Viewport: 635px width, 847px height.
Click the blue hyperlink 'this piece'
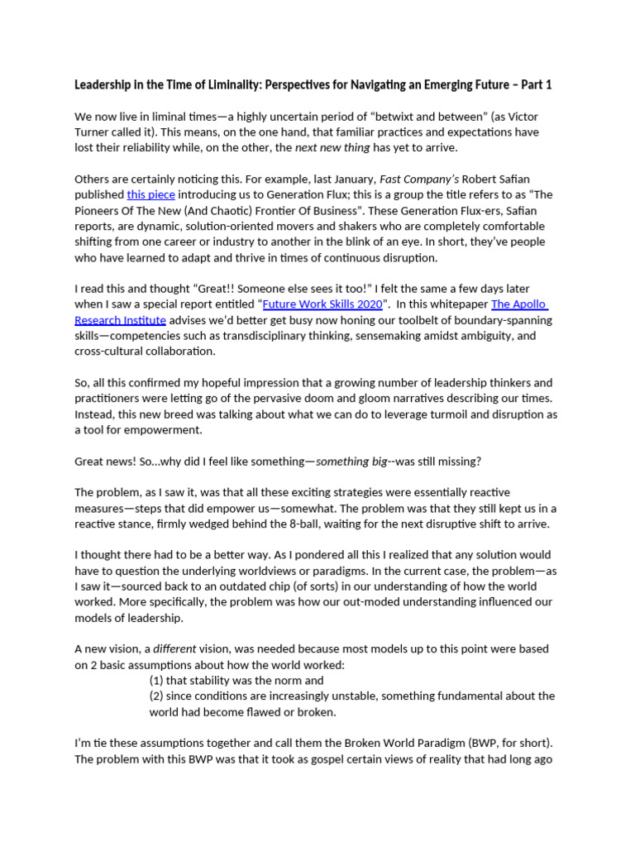coord(151,194)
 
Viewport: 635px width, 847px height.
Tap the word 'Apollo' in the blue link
coord(529,304)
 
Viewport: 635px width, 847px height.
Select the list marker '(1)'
coord(157,680)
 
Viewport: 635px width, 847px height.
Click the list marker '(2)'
coord(157,696)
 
